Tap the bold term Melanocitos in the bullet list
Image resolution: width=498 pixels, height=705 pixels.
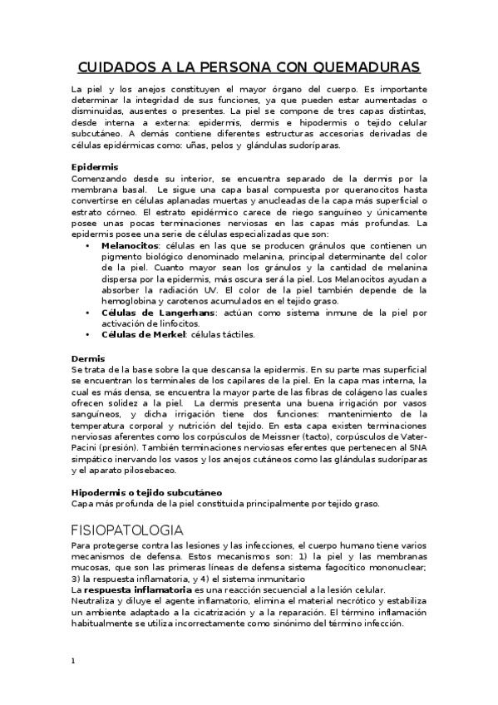click(x=131, y=246)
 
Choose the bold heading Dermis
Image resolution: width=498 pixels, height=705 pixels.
click(x=88, y=357)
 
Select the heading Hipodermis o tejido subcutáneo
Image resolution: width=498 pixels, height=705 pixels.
click(x=145, y=492)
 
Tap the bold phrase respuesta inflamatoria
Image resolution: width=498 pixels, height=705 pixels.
click(x=134, y=589)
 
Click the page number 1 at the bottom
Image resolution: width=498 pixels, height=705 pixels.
click(x=74, y=661)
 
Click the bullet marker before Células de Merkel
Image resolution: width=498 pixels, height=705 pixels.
click(x=89, y=334)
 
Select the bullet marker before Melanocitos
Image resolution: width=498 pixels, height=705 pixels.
click(x=89, y=246)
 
